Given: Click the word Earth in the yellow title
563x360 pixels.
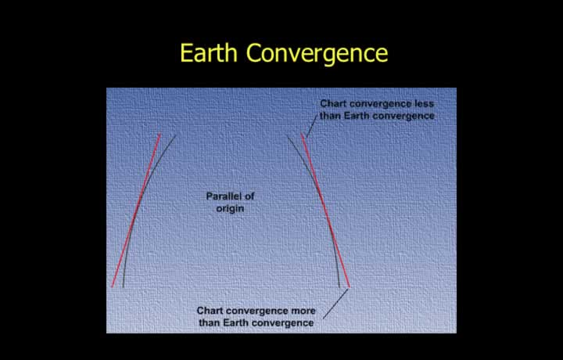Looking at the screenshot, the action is [209, 52].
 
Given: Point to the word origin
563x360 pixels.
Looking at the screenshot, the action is [230, 209].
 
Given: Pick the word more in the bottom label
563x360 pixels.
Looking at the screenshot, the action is [303, 311].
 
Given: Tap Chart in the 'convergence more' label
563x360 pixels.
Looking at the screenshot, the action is [210, 311].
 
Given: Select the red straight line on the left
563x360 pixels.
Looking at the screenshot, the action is [136, 211].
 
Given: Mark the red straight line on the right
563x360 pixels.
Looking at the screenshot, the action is [325, 211].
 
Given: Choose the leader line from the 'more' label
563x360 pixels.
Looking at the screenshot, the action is [335, 304].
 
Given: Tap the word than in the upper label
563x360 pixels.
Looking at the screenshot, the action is [330, 116].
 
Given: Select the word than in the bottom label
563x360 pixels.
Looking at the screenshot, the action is [210, 322].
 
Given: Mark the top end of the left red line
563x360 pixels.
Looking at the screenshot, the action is [160, 134].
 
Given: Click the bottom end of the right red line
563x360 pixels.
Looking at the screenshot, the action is [349, 287].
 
